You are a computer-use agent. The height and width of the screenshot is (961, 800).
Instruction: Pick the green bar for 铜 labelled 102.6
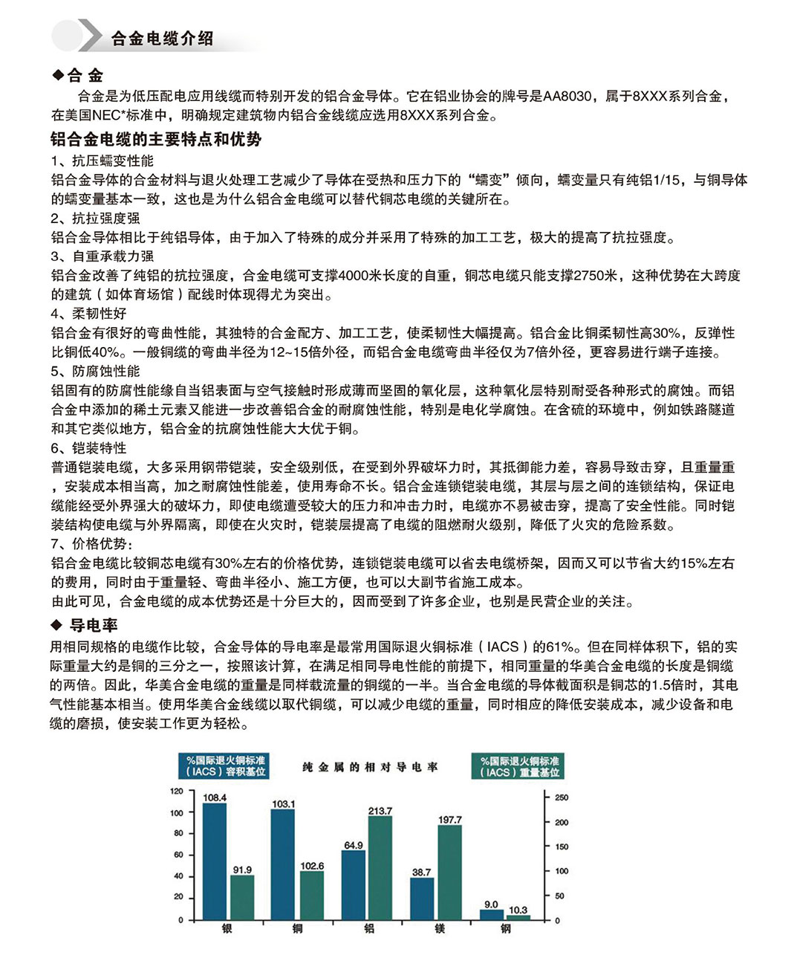[312, 896]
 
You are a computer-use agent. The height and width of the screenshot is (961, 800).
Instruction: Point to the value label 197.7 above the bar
[449, 820]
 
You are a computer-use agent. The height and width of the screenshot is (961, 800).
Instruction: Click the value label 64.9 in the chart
[354, 845]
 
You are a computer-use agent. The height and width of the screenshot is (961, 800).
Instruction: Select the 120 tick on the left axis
[176, 791]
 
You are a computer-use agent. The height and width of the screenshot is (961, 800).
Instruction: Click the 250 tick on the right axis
[562, 797]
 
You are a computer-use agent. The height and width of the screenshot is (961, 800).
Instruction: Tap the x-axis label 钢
[505, 928]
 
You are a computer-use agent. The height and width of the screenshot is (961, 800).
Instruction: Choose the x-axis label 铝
[369, 928]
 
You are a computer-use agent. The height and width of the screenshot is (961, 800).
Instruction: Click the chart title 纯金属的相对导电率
[370, 767]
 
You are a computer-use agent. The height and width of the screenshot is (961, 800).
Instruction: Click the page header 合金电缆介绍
[162, 39]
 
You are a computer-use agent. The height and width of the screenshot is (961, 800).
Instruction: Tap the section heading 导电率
[94, 625]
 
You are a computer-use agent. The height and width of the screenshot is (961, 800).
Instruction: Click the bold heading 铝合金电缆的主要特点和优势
[156, 139]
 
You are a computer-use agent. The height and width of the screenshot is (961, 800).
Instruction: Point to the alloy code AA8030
[568, 96]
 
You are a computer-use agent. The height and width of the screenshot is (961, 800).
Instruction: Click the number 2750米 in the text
[595, 276]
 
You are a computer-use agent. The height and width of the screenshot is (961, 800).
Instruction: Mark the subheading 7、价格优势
[92, 544]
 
